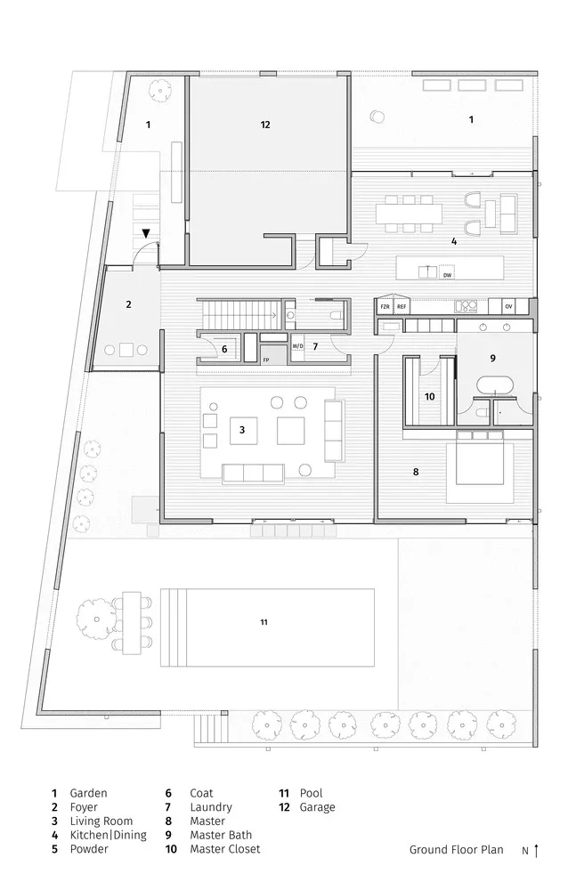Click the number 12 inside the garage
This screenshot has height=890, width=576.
pos(264,125)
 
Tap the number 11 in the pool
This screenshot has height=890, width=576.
pos(264,621)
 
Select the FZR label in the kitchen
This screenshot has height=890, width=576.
pos(385,306)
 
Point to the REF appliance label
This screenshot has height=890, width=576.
pos(402,306)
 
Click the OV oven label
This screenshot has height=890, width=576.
pos(509,306)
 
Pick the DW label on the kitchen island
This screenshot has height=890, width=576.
pos(448,276)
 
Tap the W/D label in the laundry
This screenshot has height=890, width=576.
pos(297,345)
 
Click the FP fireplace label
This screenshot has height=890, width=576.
pos(265,359)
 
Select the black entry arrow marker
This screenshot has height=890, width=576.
pos(146,234)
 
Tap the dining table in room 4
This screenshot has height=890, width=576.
pos(409,213)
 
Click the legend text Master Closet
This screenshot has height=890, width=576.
pos(227,849)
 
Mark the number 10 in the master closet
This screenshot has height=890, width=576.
pos(429,396)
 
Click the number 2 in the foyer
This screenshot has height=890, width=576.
pos(128,304)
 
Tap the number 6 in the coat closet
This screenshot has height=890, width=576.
pos(224,350)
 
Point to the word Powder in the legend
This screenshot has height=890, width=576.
pos(89,849)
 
